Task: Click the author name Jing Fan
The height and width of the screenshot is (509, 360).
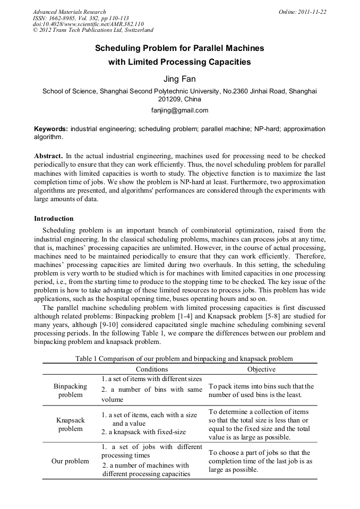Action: click(x=179, y=79)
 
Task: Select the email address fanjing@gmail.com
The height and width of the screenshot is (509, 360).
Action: click(x=179, y=110)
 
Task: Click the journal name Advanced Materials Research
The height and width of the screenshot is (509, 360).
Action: click(x=69, y=12)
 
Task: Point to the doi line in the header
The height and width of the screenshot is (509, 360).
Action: click(x=88, y=24)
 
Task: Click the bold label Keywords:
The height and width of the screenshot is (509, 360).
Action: click(x=51, y=129)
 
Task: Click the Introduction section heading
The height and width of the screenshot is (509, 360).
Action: click(x=54, y=218)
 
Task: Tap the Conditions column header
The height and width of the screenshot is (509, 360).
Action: click(x=151, y=369)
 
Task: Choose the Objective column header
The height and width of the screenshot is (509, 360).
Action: click(x=261, y=369)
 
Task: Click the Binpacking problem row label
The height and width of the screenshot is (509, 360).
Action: click(x=70, y=390)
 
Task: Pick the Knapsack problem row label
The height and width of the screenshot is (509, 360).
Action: click(x=70, y=424)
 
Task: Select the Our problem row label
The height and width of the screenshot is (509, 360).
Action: click(x=70, y=461)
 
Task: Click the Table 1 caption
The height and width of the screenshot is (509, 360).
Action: click(x=179, y=359)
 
